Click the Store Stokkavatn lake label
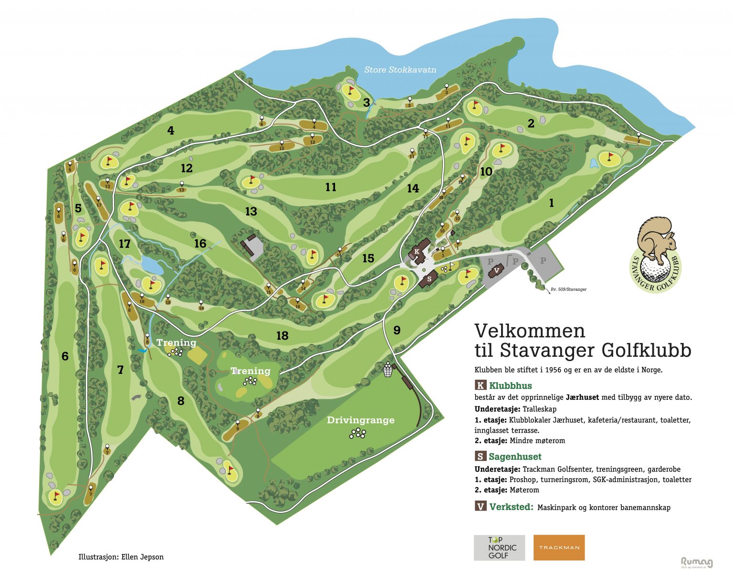tap(400, 70)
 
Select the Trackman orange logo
tap(559, 547)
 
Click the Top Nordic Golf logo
tap(499, 547)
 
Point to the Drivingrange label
tap(360, 420)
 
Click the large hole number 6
tap(65, 356)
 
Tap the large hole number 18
tap(282, 336)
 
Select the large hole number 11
tap(331, 187)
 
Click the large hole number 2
tap(531, 124)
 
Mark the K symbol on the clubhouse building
tap(417, 252)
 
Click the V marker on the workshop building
tap(497, 270)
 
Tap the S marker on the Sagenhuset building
tap(429, 279)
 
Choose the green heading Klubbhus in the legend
tap(510, 385)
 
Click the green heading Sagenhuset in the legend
tap(515, 457)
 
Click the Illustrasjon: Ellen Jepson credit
tap(121, 557)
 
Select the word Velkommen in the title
tap(529, 331)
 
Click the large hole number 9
tap(397, 330)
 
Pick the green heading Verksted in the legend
tap(511, 507)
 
